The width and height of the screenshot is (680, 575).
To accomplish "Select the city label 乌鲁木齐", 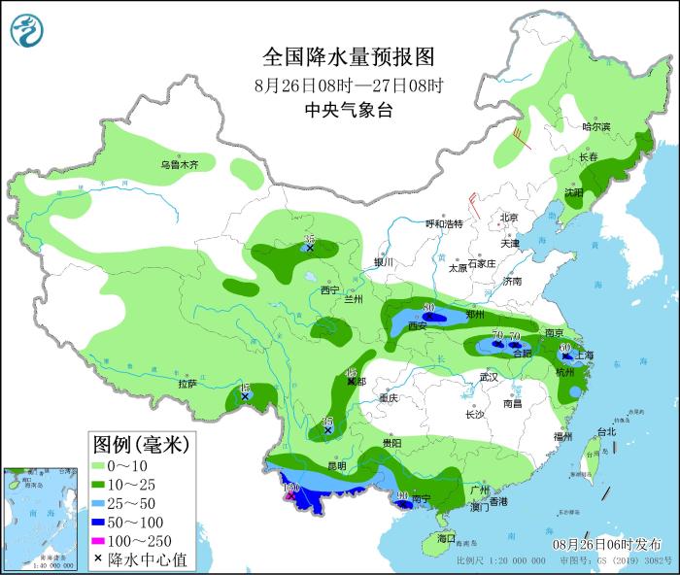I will pyautogui.click(x=179, y=165).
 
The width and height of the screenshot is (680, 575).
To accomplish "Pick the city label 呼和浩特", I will pyautogui.click(x=446, y=223).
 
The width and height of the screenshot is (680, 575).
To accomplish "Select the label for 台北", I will pyautogui.click(x=605, y=431).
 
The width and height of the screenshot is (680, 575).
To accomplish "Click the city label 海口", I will pyautogui.click(x=446, y=537).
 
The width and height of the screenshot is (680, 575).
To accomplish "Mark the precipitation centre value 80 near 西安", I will pyautogui.click(x=428, y=310).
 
